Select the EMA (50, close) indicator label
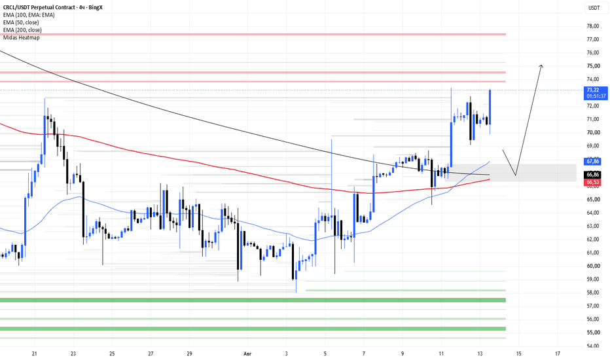(x=21, y=22)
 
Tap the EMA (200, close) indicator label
(x=22, y=30)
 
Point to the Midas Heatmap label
(x=22, y=37)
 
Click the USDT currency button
(x=594, y=8)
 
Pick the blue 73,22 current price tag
(x=596, y=93)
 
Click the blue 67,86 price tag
(x=593, y=161)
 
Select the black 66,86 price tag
(x=593, y=175)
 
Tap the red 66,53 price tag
(x=593, y=182)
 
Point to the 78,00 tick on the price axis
(x=593, y=26)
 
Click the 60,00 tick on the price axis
(x=593, y=266)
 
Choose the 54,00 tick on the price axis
(x=593, y=346)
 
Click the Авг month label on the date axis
(x=247, y=353)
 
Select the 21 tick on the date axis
(x=35, y=353)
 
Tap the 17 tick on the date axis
(x=558, y=353)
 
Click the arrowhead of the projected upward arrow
(x=541, y=65)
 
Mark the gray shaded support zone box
(x=511, y=173)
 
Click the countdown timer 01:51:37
(x=596, y=96)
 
